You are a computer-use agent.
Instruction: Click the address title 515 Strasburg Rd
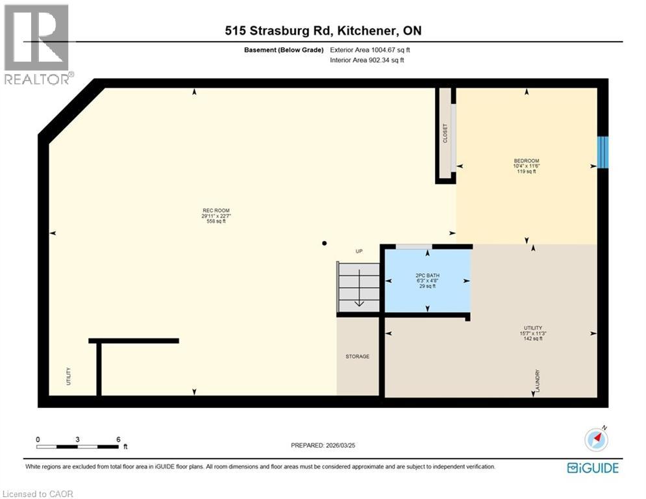click(323, 31)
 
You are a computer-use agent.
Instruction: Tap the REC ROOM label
click(215, 211)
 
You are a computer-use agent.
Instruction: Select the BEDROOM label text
click(526, 161)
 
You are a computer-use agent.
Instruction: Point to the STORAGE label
click(357, 356)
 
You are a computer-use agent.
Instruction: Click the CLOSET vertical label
click(445, 133)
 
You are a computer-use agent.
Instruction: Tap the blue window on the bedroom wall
click(603, 152)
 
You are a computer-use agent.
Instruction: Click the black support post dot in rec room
click(325, 244)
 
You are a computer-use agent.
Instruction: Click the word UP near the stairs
click(358, 251)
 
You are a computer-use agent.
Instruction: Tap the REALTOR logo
click(36, 44)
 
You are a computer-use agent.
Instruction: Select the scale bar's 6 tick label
click(118, 439)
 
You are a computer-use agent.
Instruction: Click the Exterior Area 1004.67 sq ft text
click(370, 50)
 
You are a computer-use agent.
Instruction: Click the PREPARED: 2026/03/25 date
click(325, 445)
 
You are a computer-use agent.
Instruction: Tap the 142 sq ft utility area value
click(533, 339)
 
